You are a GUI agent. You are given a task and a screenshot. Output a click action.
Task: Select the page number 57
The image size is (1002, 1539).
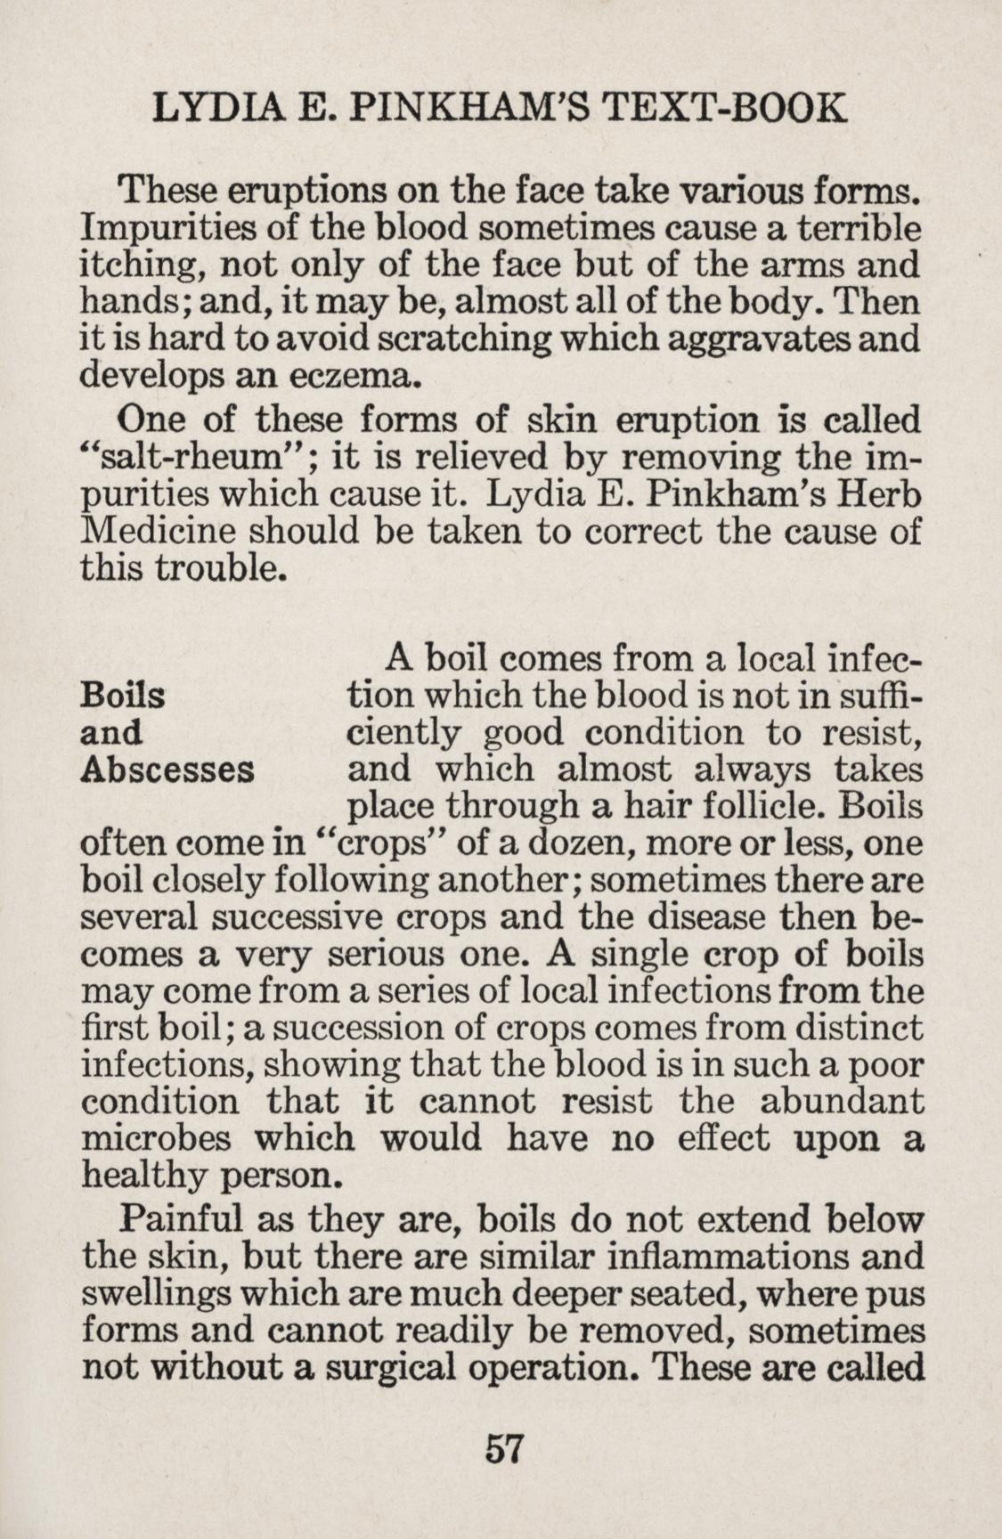pos(502,1448)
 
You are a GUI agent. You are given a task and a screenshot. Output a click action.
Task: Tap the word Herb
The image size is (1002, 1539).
pos(881,494)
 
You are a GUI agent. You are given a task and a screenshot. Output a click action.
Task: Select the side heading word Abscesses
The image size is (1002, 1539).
pos(167,769)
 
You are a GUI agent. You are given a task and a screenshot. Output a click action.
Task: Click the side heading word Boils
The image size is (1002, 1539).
pos(122,695)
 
